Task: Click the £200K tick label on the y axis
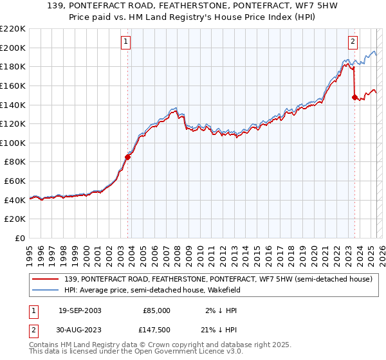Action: (13, 48)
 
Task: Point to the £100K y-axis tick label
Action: (13, 143)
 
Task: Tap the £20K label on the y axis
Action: (15, 219)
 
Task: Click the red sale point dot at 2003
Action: (128, 157)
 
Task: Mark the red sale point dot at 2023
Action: (354, 98)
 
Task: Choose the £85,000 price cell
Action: (156, 310)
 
